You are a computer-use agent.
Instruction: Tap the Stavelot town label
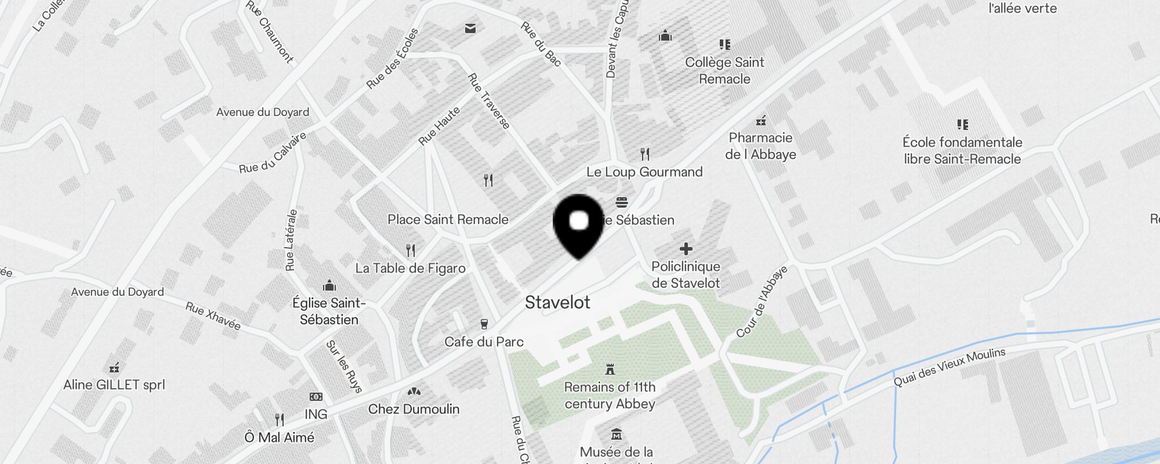(557, 302)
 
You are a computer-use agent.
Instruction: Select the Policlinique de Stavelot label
(686, 275)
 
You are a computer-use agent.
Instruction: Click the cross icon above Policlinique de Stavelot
(686, 249)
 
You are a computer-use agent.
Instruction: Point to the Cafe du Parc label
(484, 342)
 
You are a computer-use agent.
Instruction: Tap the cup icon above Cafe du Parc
(484, 324)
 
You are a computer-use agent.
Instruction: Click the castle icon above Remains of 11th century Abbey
(610, 369)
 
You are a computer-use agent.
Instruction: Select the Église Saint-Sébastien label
(329, 311)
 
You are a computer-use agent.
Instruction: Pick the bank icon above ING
(316, 397)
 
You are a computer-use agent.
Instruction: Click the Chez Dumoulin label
(414, 409)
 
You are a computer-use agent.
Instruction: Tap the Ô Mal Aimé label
(280, 437)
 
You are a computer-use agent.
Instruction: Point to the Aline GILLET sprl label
(114, 385)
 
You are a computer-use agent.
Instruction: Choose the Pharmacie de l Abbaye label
(760, 146)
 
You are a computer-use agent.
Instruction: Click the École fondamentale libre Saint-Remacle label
(962, 151)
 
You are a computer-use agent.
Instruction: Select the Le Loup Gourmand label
(644, 172)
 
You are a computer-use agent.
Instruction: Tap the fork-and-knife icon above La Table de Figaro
(411, 251)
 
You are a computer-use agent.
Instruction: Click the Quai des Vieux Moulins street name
(949, 367)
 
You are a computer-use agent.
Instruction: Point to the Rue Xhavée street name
(213, 316)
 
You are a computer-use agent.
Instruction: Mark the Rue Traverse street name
(489, 101)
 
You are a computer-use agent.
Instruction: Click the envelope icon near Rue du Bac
(470, 28)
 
